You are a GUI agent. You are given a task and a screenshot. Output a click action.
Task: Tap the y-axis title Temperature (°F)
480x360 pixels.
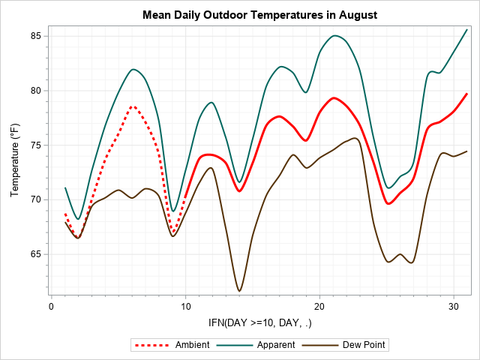16,160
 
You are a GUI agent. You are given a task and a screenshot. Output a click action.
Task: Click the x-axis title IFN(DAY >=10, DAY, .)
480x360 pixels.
259,322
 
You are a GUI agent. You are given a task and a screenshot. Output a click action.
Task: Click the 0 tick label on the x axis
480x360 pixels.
51,307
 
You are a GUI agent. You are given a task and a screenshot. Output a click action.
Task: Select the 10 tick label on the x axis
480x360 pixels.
185,307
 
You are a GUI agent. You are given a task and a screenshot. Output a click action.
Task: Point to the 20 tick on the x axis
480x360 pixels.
319,307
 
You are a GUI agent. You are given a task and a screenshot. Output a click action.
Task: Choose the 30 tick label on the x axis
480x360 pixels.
454,307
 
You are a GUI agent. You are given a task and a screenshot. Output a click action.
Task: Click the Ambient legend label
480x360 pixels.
192,345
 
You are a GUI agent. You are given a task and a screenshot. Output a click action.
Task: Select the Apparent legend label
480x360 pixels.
277,345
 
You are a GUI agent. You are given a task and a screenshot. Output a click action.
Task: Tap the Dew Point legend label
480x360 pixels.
366,345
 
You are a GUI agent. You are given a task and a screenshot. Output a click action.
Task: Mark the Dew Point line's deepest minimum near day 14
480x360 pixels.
239,291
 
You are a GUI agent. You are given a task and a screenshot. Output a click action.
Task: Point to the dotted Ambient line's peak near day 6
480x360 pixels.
133,106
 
